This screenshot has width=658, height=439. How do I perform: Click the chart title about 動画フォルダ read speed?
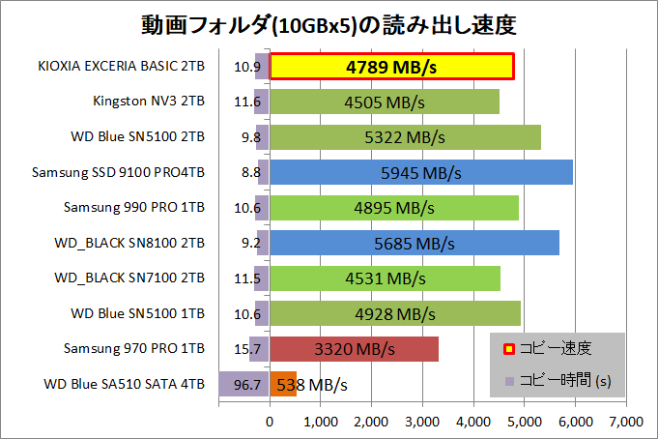point(329,23)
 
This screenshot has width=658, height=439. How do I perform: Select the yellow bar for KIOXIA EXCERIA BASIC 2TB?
point(391,67)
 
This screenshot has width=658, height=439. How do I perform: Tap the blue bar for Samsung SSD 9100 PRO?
point(420,173)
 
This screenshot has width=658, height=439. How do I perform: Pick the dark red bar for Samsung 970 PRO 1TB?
point(354,348)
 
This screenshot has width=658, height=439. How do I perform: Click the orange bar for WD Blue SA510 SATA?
point(282,384)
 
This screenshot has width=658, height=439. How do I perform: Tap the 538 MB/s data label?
point(311,385)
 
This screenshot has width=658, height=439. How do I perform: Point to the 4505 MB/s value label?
point(384,102)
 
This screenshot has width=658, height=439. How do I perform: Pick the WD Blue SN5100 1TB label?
point(137,312)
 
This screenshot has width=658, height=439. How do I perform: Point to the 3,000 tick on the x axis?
point(421,421)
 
